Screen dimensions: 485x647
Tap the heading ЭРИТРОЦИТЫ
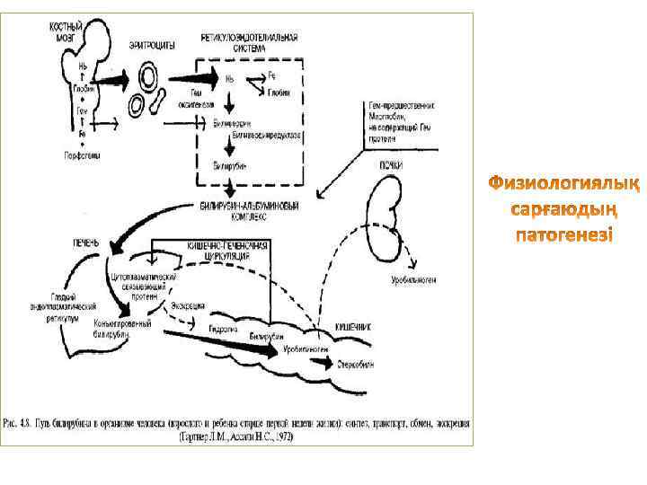148,44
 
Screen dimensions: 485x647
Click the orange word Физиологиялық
563,187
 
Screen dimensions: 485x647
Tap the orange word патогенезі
563,236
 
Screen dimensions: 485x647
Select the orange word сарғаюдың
563,212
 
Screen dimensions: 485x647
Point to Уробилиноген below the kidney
413,279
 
